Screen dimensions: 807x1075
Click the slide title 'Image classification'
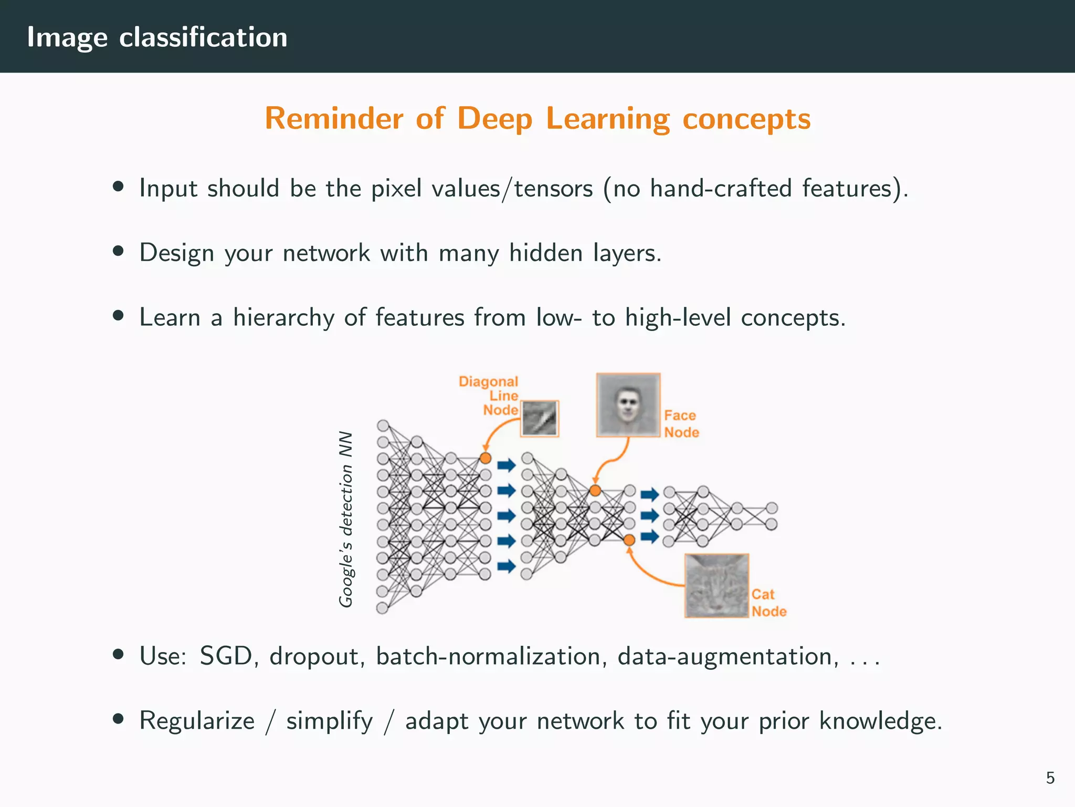[157, 37]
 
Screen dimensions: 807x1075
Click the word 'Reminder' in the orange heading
[334, 118]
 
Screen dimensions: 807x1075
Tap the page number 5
[1050, 778]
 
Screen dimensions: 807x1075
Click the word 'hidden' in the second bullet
[546, 253]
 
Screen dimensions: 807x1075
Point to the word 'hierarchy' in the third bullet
[283, 318]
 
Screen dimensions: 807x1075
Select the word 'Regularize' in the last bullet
[197, 720]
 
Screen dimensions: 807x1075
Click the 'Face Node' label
[681, 423]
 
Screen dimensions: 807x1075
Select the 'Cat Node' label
[768, 603]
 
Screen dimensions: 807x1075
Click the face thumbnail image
[628, 405]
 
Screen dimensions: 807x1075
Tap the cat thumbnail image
[716, 585]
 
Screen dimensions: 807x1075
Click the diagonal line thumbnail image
[540, 419]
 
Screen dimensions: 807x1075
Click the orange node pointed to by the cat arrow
[629, 540]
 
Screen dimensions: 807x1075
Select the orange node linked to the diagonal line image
[486, 458]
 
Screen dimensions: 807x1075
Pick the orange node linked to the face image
[595, 491]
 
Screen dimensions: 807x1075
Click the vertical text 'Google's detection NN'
[345, 519]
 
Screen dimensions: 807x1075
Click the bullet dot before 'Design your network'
[118, 251]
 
